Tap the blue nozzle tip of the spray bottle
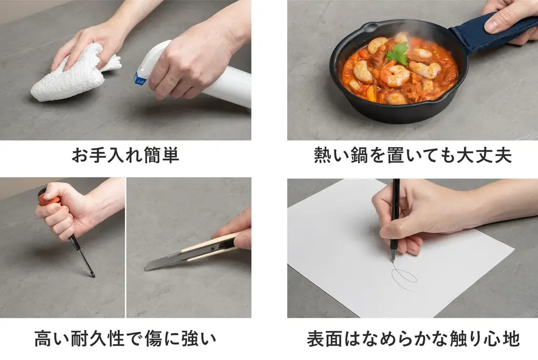tap(140, 79)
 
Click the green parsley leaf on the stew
tap(399, 54)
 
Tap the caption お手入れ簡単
tap(125, 156)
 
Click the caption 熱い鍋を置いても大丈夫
tap(412, 156)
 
